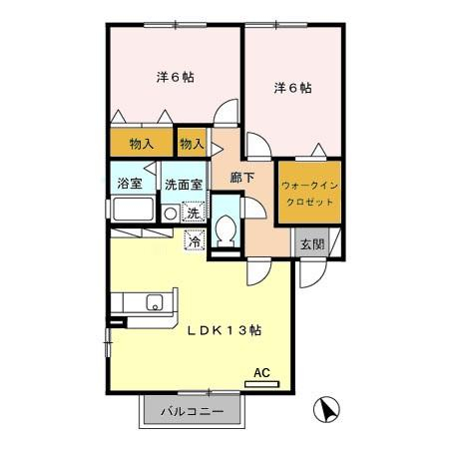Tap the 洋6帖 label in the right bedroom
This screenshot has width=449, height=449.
pos(292,88)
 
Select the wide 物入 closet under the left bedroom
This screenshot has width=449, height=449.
pos(141,144)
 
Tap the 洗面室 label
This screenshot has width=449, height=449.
pos(184,185)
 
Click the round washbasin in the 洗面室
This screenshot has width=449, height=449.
pos(171,213)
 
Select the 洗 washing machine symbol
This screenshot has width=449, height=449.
pos(194,212)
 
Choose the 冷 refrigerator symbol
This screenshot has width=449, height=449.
pos(195,238)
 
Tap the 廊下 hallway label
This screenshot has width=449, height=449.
pos(242,179)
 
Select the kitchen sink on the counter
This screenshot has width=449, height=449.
pos(155,303)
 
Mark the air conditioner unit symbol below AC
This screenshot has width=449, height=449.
pos(260,384)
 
